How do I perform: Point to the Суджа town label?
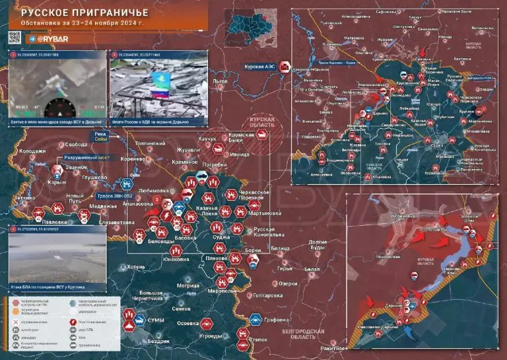click(x=220, y=236)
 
